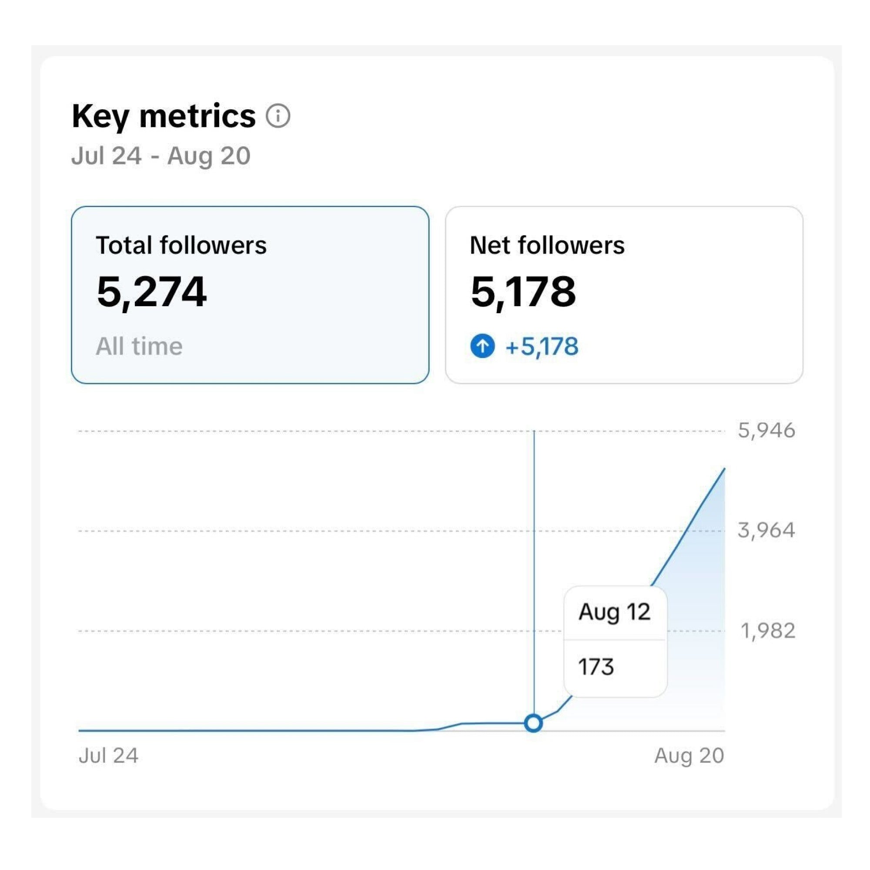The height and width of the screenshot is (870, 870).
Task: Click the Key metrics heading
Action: (164, 116)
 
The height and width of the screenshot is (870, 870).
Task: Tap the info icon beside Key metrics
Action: (278, 116)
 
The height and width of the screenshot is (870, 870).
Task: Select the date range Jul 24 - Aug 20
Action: (161, 156)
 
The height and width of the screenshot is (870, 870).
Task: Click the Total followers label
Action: (181, 245)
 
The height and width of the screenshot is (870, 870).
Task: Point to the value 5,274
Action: (152, 292)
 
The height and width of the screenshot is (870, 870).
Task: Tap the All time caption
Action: (139, 346)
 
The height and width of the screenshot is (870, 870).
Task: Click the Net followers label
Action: (547, 245)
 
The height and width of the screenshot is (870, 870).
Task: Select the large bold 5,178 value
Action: (523, 292)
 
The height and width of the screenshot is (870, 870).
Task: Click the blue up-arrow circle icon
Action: (482, 346)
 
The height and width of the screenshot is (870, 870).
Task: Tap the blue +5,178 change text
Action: (542, 346)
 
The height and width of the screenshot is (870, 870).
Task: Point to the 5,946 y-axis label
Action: (766, 431)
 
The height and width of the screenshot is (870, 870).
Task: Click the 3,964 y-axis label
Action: (766, 530)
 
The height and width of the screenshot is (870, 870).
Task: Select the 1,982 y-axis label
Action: (768, 630)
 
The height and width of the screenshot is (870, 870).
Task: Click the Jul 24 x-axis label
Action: (108, 756)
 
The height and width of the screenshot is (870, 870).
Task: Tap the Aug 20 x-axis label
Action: (689, 756)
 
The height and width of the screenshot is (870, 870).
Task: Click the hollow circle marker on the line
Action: (534, 723)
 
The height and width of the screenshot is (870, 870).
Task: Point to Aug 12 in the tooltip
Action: (614, 612)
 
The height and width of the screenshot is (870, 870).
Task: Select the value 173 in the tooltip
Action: (596, 667)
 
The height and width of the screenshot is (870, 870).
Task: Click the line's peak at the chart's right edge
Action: (724, 469)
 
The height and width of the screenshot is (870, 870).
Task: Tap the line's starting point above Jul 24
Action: (80, 730)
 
